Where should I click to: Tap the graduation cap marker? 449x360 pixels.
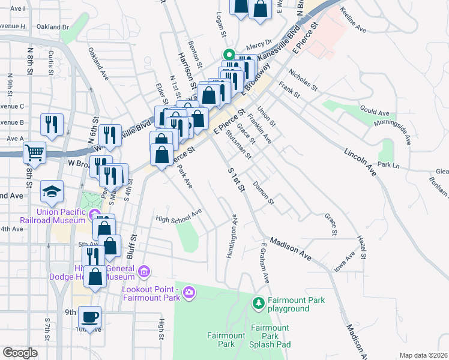52,191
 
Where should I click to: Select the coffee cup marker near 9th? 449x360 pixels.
90,316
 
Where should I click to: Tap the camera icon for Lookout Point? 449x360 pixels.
190,292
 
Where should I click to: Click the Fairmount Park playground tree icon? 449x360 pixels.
259,303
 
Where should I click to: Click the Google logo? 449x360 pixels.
20,353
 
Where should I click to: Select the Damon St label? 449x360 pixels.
264,193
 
